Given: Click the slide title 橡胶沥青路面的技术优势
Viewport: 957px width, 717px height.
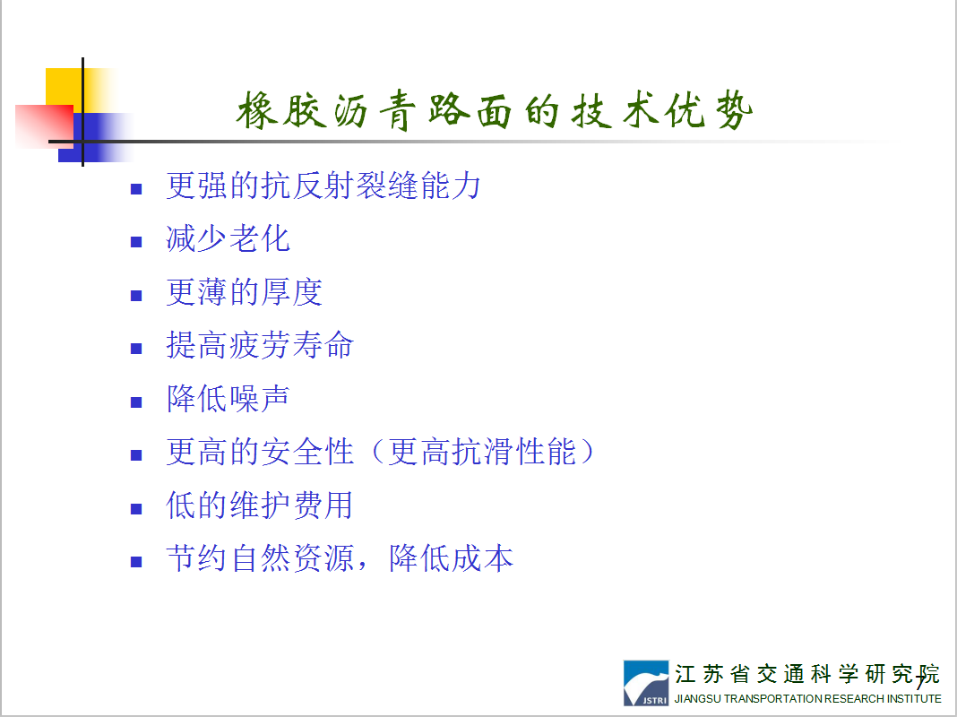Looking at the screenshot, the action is pos(495,110).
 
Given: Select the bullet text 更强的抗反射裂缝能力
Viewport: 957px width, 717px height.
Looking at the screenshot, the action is pos(323,186).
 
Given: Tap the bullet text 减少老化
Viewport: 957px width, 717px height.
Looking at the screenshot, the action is pos(228,238).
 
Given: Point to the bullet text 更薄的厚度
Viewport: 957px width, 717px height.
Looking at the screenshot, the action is pos(244,291).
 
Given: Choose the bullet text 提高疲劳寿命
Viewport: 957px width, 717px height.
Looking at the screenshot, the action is pos(260,345).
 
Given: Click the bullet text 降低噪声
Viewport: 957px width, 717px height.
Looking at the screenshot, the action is pos(228,399).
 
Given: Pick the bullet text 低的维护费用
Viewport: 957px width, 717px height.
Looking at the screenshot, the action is pos(260,505).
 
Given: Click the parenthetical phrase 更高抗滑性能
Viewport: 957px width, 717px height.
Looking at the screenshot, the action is pos(482,452).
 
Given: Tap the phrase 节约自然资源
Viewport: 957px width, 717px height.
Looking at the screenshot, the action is pos(260,558).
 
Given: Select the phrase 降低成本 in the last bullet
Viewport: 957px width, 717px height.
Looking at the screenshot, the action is pos(451,558).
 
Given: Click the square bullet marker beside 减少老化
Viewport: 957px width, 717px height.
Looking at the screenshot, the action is pos(136,242).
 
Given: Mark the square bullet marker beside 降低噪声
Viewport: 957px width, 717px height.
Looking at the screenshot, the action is pos(136,402).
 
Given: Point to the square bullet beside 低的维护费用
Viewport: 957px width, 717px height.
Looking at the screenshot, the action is pos(136,509).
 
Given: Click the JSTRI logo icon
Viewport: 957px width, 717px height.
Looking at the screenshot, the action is pos(646,683).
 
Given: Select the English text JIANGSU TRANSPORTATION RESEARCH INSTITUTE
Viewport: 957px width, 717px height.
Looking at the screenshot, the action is pos(807,699).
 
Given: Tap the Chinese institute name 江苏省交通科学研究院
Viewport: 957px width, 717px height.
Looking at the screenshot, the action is pos(806,674).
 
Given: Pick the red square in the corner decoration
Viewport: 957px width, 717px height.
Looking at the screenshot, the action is pos(44,125).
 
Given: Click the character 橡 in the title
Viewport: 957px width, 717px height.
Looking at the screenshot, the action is pos(257,110).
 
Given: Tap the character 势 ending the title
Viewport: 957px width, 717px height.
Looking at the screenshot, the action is pos(734,110).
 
